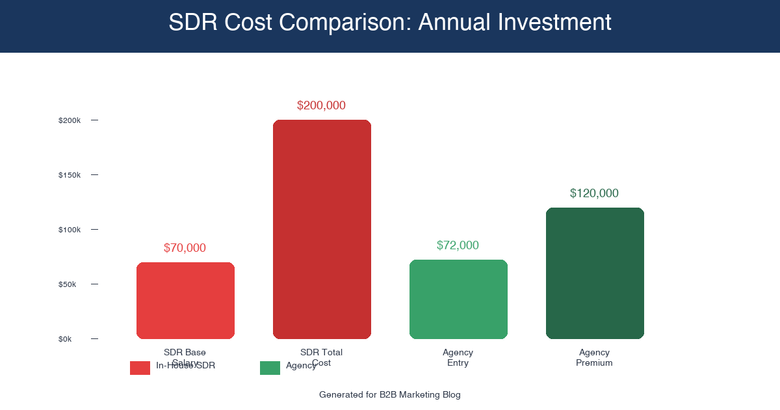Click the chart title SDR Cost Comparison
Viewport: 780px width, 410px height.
(390, 23)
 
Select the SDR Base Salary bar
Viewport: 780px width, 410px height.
(185, 301)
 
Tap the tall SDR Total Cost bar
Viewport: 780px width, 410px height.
(322, 229)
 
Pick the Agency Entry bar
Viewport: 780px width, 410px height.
(458, 299)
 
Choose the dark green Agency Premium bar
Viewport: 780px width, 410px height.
(595, 273)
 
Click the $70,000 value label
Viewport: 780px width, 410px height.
(185, 248)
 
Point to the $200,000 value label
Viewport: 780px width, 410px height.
(321, 105)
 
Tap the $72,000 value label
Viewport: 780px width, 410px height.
(458, 245)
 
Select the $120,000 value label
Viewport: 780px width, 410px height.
(594, 193)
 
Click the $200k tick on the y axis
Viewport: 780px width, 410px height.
(70, 120)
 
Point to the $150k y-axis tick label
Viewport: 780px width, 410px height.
(70, 175)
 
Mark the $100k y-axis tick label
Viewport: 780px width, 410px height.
(70, 230)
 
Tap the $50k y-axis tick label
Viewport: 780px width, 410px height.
(68, 284)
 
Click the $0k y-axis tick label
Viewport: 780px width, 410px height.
(66, 339)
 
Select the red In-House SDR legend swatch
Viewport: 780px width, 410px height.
(140, 368)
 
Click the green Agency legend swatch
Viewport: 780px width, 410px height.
(270, 368)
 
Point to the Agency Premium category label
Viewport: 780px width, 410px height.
(594, 357)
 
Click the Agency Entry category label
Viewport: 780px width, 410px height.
(458, 357)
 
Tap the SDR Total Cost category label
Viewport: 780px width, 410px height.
(321, 357)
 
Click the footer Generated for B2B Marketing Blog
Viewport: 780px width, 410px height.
(390, 394)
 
